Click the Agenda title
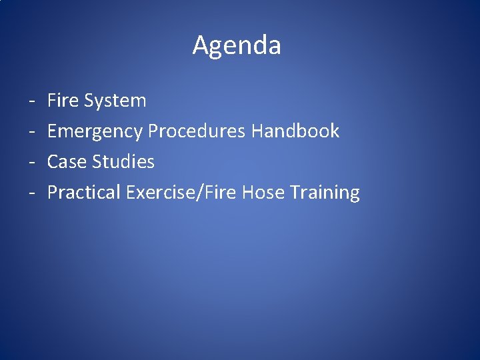tap(237, 46)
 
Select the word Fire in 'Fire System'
tap(63, 101)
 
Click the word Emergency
tap(95, 131)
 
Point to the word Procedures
tap(197, 131)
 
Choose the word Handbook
tap(295, 131)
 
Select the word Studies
tap(123, 162)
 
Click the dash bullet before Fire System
tap(32, 102)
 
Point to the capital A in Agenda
tap(200, 45)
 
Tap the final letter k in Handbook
tap(335, 131)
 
